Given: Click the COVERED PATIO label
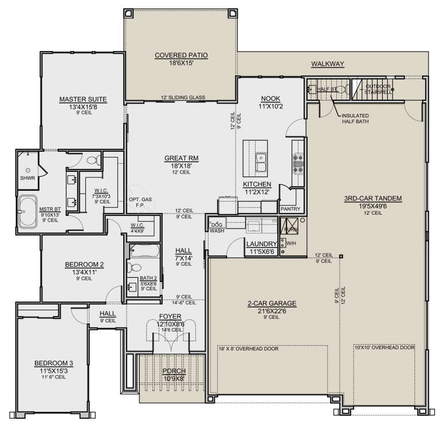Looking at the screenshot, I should point(180,56).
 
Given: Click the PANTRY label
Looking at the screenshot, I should point(287,210).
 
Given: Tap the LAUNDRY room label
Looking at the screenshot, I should point(261,243).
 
